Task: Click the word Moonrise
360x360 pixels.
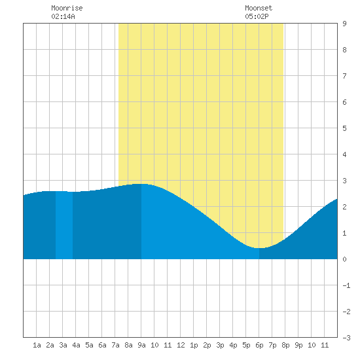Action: point(67,8)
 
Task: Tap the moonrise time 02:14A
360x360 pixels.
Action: point(63,16)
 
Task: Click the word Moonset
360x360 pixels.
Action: point(259,8)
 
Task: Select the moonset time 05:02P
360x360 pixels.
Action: point(257,16)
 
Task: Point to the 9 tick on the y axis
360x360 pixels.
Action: point(344,24)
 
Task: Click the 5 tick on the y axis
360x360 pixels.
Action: point(344,128)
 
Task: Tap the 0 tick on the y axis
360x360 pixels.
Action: point(344,259)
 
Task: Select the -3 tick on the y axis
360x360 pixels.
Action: point(346,338)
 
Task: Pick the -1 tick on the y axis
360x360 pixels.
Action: point(346,285)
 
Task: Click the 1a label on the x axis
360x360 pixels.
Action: point(37,345)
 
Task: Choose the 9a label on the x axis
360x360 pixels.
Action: point(141,345)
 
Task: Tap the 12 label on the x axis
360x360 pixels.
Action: point(181,345)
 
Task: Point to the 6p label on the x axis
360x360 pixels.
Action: point(259,345)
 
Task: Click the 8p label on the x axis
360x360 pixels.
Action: point(285,345)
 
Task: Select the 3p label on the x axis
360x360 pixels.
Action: point(220,345)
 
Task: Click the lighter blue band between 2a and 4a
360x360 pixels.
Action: point(64,225)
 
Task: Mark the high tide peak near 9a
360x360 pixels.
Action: point(141,184)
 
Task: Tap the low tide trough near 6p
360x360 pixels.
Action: point(259,248)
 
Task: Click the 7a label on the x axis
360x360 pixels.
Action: point(115,345)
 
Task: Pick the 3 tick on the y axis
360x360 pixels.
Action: point(344,181)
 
